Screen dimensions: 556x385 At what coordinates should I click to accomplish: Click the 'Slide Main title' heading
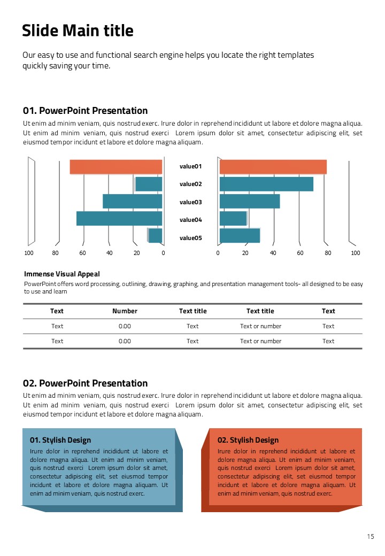(x=78, y=30)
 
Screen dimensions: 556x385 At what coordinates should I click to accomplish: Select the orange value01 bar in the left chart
(x=115, y=167)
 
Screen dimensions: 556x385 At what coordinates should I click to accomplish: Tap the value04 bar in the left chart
(x=119, y=219)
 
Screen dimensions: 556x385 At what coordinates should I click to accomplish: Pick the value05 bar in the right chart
(x=240, y=236)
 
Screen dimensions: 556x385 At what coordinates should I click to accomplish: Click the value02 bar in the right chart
(x=266, y=184)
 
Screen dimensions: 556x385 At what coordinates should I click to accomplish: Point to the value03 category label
(x=190, y=202)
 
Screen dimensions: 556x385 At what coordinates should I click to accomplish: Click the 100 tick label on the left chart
(x=29, y=253)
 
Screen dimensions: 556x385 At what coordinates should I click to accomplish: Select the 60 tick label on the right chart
(x=300, y=253)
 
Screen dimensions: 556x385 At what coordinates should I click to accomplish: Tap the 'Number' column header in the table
(x=125, y=311)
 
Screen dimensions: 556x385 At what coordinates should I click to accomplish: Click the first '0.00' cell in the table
(x=125, y=326)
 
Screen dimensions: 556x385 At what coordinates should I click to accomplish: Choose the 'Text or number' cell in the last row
(x=260, y=341)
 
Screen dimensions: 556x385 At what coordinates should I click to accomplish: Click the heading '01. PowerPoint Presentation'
(x=85, y=111)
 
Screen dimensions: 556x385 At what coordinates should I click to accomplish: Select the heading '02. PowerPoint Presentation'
(x=85, y=383)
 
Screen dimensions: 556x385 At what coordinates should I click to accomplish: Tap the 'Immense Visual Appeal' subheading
(x=62, y=274)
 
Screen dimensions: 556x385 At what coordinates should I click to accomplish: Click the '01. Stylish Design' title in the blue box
(x=60, y=440)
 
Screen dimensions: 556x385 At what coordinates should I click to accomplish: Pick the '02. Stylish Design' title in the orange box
(x=248, y=440)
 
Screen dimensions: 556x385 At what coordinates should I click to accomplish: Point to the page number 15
(x=371, y=537)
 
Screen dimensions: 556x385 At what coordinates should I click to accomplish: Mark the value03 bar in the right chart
(x=250, y=201)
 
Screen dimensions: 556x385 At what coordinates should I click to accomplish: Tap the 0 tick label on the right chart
(x=218, y=253)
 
